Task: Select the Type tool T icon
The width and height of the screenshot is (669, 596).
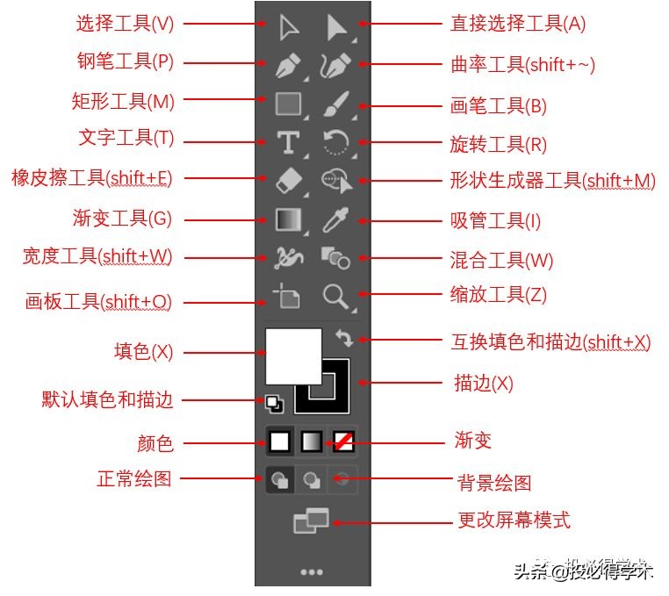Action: [x=288, y=142]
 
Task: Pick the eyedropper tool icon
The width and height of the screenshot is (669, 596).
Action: [x=335, y=219]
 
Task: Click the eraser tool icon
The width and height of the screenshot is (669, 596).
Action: [x=288, y=180]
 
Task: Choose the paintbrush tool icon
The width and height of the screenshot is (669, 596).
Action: [x=335, y=104]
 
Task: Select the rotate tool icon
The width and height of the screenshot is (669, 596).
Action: [x=335, y=142]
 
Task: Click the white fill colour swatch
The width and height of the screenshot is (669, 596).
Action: [x=293, y=355]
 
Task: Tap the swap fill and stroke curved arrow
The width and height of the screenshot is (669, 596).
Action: [x=344, y=338]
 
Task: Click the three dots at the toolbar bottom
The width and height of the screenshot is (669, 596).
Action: [x=312, y=572]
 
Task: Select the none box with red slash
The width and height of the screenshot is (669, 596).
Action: [x=343, y=441]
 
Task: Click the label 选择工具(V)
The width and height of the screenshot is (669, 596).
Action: [x=125, y=24]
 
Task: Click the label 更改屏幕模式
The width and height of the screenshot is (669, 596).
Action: [x=514, y=521]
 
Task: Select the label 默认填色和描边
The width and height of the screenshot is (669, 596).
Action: [x=107, y=400]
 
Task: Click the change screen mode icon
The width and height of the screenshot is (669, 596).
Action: [x=311, y=522]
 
